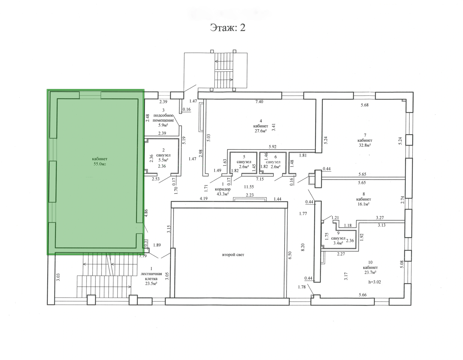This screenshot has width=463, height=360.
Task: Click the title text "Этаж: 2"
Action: [x=227, y=27]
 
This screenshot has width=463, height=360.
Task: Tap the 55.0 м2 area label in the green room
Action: [x=100, y=164]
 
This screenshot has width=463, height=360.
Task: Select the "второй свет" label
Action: [x=233, y=255]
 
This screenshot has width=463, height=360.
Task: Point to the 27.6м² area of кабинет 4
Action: [x=261, y=131]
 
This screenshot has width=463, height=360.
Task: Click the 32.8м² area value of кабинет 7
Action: [x=365, y=145]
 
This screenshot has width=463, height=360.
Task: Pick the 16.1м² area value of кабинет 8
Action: [x=363, y=204]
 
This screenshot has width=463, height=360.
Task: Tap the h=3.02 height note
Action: [x=374, y=282]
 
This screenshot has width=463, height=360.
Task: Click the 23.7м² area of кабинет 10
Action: [x=370, y=272]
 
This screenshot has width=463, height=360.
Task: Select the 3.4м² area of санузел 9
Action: [x=338, y=243]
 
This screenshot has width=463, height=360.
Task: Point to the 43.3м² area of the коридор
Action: [x=223, y=194]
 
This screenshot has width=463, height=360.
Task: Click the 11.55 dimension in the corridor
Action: [x=249, y=187]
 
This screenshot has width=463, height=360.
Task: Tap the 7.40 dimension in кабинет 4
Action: [x=259, y=102]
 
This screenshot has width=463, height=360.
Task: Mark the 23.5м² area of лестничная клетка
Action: [x=151, y=284]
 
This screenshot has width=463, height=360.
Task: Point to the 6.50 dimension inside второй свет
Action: [x=290, y=255]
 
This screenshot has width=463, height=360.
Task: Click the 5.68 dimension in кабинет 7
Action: [x=365, y=105]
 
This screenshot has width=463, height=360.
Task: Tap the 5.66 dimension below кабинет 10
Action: [x=363, y=295]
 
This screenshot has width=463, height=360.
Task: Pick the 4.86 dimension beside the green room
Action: [x=146, y=213]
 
